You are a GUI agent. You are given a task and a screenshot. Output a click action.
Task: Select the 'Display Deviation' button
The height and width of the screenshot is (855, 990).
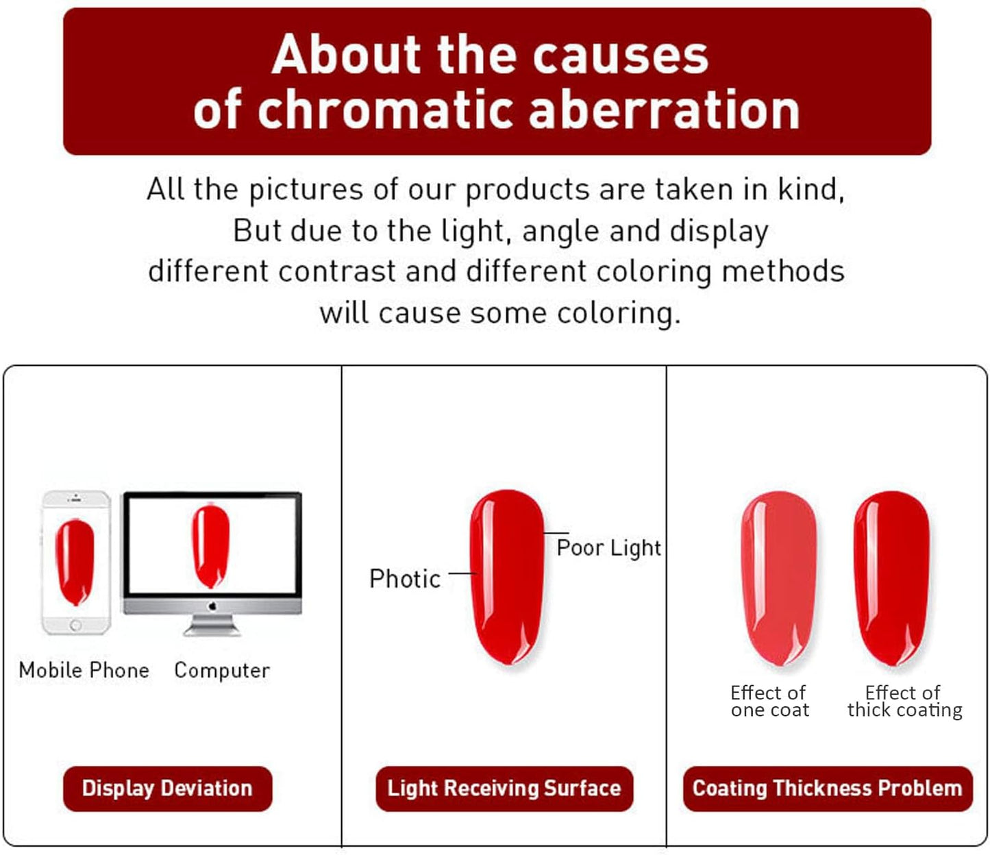(x=167, y=788)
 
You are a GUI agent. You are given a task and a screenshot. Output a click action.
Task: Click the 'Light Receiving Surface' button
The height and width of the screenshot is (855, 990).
(x=504, y=788)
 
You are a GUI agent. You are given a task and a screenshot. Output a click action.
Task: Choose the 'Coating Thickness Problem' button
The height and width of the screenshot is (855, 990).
(x=827, y=788)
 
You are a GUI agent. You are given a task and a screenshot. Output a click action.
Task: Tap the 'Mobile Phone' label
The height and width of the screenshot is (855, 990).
(x=84, y=669)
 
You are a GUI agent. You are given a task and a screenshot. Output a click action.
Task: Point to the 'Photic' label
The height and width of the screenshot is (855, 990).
(x=405, y=579)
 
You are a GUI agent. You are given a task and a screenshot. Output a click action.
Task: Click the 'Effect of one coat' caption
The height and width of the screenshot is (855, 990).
(x=769, y=702)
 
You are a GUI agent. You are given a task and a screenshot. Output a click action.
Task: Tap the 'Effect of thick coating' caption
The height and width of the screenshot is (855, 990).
(x=904, y=702)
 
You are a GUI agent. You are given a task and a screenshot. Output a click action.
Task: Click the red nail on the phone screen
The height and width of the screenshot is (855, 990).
(x=75, y=561)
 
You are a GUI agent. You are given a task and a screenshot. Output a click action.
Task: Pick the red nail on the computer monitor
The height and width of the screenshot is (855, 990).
(x=211, y=545)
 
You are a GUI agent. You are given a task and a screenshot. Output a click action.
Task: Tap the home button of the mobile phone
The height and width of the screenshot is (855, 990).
(x=75, y=625)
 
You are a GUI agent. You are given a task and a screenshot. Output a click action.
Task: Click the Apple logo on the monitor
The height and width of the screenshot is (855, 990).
(x=212, y=606)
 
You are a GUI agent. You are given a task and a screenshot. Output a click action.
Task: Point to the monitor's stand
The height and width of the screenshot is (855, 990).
(x=212, y=625)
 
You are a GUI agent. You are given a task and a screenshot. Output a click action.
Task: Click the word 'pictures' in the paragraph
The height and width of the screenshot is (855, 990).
(x=306, y=190)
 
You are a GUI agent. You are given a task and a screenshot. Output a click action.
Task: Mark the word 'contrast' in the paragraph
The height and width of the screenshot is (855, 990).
(x=336, y=271)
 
